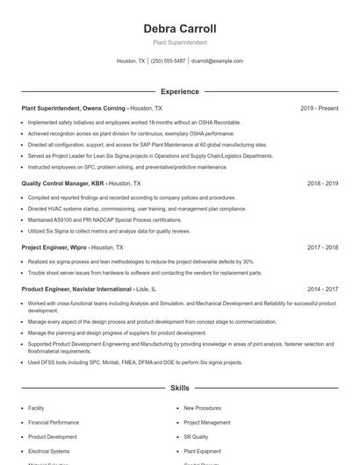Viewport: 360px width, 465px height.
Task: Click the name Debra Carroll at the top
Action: pyautogui.click(x=179, y=29)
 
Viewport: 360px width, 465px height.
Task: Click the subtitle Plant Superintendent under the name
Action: pyautogui.click(x=179, y=42)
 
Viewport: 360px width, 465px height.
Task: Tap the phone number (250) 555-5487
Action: pyautogui.click(x=168, y=61)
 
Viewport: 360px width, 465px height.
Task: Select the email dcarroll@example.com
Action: pyautogui.click(x=217, y=61)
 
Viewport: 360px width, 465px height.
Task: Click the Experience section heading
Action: pyautogui.click(x=179, y=91)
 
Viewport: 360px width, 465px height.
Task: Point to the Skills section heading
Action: pyautogui.click(x=179, y=387)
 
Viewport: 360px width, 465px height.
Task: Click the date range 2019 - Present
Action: pyautogui.click(x=319, y=108)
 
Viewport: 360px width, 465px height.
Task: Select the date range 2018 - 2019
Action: pyautogui.click(x=322, y=183)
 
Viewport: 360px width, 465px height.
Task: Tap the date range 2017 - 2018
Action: pyautogui.click(x=322, y=247)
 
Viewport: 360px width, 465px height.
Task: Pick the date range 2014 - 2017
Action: pyautogui.click(x=322, y=289)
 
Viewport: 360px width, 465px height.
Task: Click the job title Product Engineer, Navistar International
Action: pyautogui.click(x=76, y=289)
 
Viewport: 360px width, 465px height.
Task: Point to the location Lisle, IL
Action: pyautogui.click(x=147, y=289)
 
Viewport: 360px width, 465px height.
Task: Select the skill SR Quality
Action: pyautogui.click(x=196, y=436)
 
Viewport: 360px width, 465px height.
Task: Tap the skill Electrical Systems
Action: pyautogui.click(x=48, y=451)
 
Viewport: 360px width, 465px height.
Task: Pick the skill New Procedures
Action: pyautogui.click(x=202, y=408)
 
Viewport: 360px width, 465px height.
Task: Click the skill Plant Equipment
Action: pyautogui.click(x=202, y=451)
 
